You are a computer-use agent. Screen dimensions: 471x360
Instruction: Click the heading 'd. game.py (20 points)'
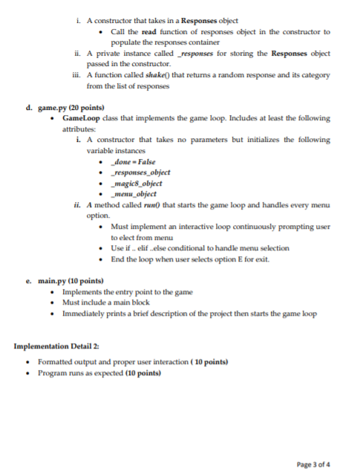tap(65, 108)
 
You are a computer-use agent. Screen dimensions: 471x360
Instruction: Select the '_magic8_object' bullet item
tap(136, 183)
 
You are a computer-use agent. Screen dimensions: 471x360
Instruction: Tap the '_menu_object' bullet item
tap(134, 193)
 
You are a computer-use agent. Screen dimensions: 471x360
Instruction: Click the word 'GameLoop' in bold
tap(80, 118)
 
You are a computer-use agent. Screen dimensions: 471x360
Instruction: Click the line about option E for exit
tap(190, 259)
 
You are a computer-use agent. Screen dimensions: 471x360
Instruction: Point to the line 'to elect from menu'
tap(142, 237)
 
